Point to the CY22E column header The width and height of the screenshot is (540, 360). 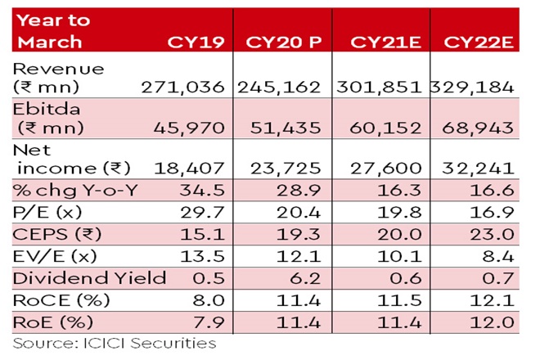[478, 42]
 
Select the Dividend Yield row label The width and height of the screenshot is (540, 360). [77, 277]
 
